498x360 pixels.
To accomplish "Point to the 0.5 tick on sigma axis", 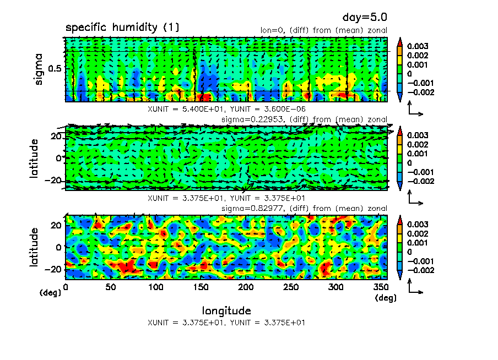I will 55,69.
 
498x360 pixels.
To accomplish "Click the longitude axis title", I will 226,311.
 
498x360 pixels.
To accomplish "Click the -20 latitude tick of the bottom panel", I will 55,270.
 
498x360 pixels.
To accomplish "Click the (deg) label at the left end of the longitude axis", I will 50,293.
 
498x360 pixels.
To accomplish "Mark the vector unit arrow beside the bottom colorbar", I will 415,287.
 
